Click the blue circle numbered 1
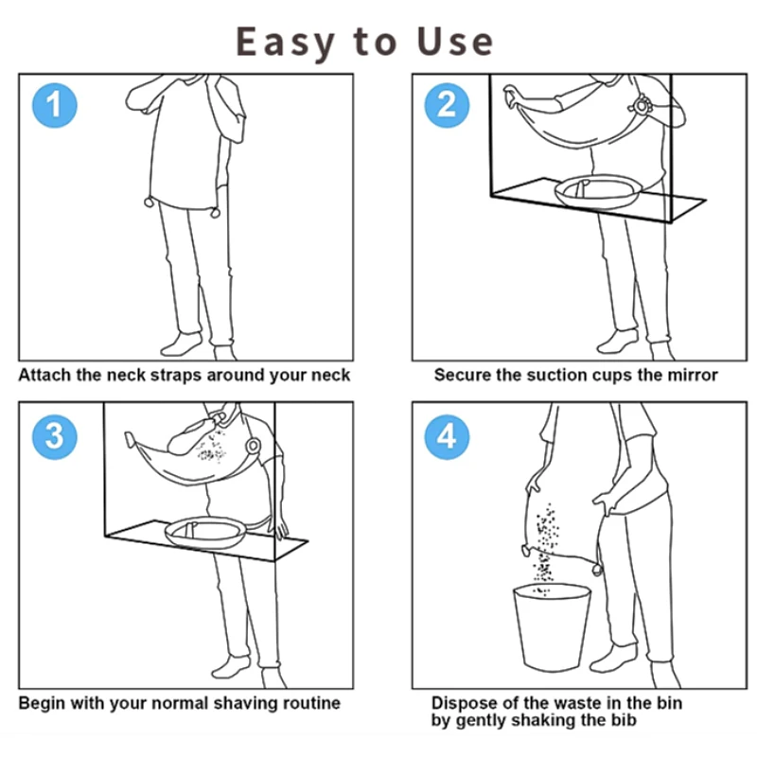pos(55,105)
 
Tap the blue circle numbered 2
pos(447,105)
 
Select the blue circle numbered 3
pos(55,437)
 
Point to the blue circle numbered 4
pos(447,437)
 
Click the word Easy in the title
pos(286,43)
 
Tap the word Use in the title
pos(455,42)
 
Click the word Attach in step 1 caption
pos(44,375)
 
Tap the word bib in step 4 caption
pos(625,720)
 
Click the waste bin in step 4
pos(552,627)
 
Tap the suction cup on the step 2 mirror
pos(642,105)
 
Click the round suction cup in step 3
pos(253,446)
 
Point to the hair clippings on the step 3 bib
pos(212,448)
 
